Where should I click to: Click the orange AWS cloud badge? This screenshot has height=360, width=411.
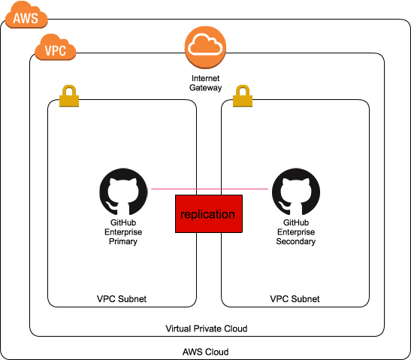pos(26,15)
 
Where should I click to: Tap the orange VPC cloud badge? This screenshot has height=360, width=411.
pos(56,47)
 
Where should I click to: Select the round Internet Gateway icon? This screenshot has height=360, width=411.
pos(205,47)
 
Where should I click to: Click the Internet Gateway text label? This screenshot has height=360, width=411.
pos(206,83)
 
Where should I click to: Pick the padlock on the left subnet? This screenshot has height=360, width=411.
pos(69,95)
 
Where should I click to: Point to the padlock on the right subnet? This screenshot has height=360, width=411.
pos(243,95)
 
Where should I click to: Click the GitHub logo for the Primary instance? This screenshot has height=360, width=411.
pos(123,192)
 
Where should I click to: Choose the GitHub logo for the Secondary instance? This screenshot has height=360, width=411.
pos(296,192)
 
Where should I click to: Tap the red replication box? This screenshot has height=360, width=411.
pos(209,213)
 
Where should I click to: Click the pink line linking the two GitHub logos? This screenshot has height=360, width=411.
pos(210,189)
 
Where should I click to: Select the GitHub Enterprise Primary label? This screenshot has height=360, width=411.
pos(123,232)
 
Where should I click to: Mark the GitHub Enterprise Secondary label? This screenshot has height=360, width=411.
pos(296,232)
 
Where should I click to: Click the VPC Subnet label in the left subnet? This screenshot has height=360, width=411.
pos(122,299)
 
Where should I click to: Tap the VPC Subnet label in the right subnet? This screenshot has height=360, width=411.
pos(295,299)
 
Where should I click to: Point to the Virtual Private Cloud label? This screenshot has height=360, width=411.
pos(207,328)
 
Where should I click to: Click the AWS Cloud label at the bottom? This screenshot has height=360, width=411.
pos(206,352)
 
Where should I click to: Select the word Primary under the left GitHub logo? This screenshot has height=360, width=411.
pos(123,241)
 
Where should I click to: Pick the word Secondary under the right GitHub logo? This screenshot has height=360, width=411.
pos(296,241)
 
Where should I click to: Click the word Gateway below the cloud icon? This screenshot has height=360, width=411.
pos(206,88)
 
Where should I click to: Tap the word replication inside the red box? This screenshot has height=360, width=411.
pos(207,214)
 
